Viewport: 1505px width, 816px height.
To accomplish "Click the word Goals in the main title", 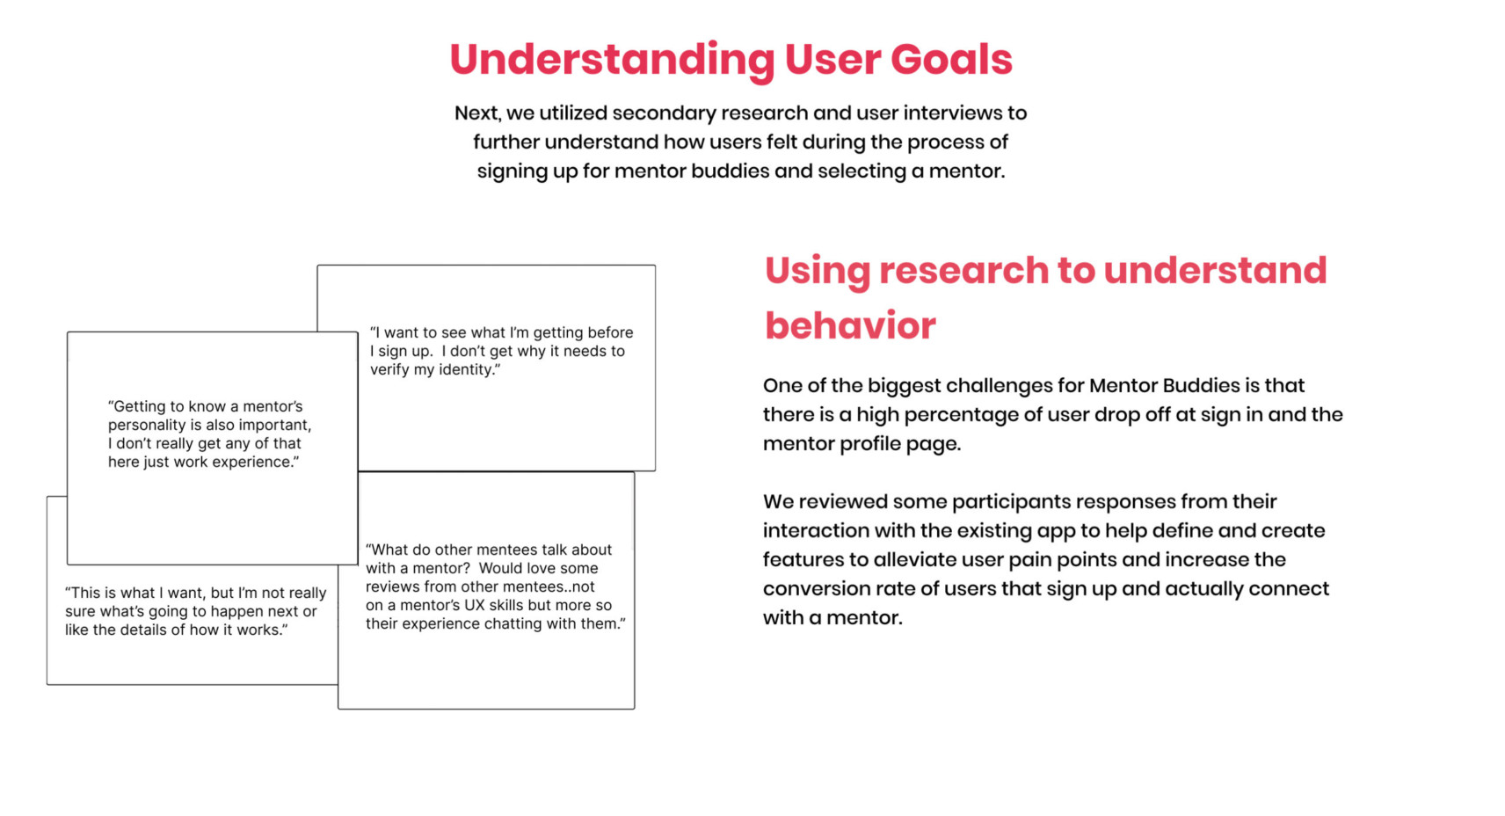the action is (x=951, y=59).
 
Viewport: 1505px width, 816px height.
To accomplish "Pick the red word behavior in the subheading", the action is (x=850, y=326).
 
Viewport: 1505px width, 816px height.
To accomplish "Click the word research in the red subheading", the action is (x=963, y=270).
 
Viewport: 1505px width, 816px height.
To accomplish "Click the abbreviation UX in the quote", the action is (x=475, y=606).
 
